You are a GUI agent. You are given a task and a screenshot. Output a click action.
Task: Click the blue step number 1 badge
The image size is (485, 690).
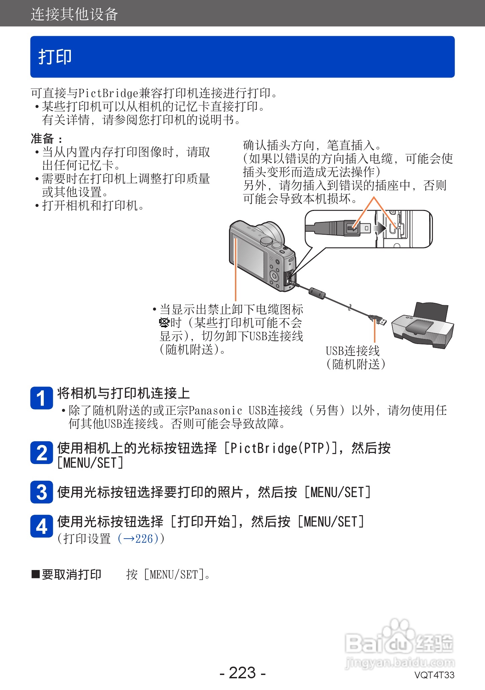click(x=41, y=398)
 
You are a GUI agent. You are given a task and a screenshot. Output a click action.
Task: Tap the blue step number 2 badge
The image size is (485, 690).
click(x=41, y=453)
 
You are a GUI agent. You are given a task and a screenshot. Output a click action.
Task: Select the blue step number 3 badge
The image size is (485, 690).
click(x=41, y=492)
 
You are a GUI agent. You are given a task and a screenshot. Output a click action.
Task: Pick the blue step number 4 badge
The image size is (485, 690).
click(x=41, y=527)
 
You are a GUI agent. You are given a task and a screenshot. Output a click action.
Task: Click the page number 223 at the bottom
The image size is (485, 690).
click(x=242, y=673)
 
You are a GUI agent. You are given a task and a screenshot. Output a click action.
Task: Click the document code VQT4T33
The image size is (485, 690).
click(x=434, y=675)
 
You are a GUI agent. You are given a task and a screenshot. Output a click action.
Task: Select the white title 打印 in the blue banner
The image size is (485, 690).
click(x=55, y=57)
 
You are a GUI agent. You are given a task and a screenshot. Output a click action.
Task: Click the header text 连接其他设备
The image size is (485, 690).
click(x=74, y=14)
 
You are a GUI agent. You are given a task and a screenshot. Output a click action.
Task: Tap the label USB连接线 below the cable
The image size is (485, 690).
click(x=353, y=351)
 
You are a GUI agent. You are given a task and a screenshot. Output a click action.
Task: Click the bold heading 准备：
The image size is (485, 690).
click(x=46, y=138)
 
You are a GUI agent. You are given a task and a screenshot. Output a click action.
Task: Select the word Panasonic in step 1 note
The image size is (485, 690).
click(x=215, y=411)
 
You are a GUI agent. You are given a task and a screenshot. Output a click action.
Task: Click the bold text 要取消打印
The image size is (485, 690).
click(x=71, y=575)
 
